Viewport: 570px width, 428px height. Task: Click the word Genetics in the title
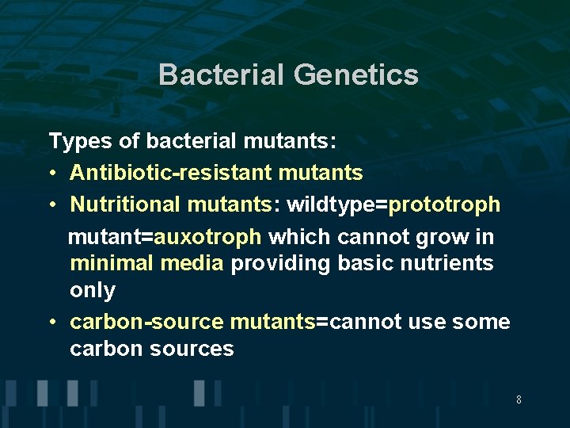(355, 75)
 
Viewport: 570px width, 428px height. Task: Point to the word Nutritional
(126, 204)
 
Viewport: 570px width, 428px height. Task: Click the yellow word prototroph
(444, 204)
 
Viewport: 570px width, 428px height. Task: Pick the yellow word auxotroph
(207, 237)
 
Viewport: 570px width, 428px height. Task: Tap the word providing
(280, 264)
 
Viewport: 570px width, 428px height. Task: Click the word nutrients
(450, 263)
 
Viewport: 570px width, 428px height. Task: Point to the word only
(93, 291)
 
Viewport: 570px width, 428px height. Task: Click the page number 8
(519, 399)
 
